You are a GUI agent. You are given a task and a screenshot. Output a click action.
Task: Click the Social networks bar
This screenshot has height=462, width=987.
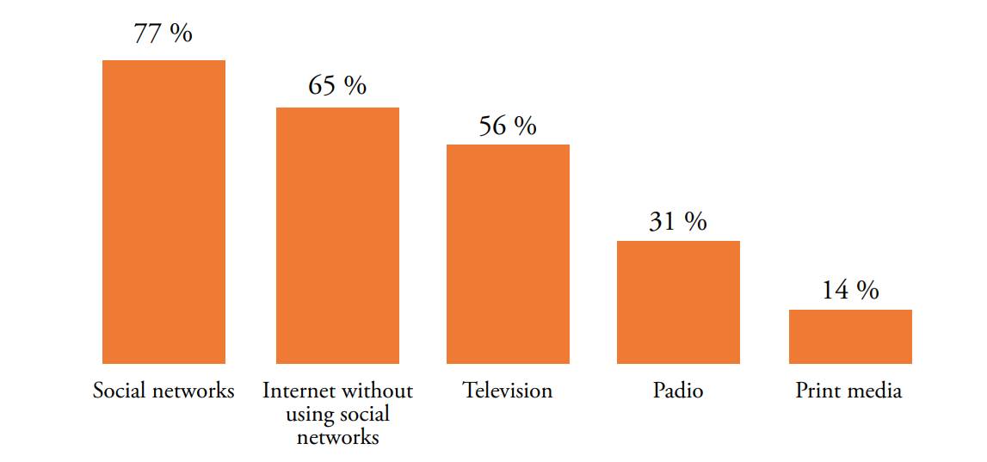pos(163,212)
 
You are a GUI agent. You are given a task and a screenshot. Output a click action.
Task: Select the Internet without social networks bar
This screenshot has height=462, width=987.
pos(337,235)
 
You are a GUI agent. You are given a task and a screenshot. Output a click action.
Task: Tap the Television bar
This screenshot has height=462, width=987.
pos(508,254)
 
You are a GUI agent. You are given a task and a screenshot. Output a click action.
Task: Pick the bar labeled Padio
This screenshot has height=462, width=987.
pos(678,302)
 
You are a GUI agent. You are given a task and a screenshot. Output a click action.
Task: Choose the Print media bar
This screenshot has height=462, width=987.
pos(850,336)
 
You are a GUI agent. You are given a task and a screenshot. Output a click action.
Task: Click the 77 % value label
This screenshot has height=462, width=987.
pos(163,34)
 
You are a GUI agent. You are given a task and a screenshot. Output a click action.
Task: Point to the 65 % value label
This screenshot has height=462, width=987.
pos(337,85)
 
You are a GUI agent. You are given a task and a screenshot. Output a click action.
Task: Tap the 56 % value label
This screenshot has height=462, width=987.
pos(508,126)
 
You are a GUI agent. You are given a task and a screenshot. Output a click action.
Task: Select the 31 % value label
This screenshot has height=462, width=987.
pos(678,221)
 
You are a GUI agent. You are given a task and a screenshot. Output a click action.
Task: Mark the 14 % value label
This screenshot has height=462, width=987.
pos(850,291)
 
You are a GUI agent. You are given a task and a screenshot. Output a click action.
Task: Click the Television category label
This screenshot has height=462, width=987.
pos(508,391)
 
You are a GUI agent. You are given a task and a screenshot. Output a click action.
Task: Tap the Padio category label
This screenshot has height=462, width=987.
pos(678,391)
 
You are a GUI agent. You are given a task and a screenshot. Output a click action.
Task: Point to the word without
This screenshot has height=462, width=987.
pos(376,391)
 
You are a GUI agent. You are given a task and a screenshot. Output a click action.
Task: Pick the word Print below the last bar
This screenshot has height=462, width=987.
pos(816,391)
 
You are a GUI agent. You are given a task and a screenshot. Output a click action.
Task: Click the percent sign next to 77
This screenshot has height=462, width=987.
pos(181,34)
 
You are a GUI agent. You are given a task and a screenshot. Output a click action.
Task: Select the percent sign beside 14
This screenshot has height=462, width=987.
pos(867,291)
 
